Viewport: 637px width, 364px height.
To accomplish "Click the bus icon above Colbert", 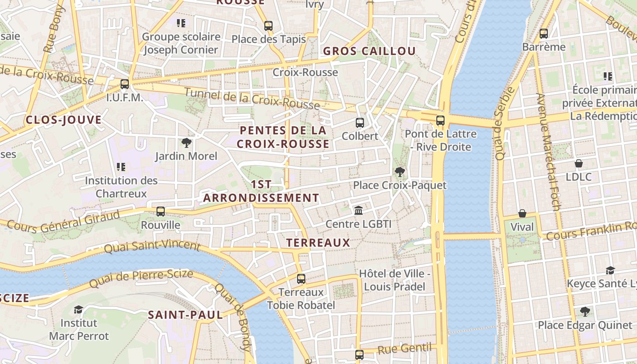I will (x=359, y=122).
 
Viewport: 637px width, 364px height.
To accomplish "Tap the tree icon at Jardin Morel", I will (x=186, y=143).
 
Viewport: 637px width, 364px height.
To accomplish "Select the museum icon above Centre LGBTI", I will (x=359, y=211).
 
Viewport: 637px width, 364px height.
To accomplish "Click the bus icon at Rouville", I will (x=161, y=211).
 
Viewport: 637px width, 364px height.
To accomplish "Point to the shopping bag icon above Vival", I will (x=522, y=213).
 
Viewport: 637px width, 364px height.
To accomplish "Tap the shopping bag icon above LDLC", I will (x=579, y=163).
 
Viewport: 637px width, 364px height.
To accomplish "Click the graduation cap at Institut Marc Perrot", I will (x=79, y=309).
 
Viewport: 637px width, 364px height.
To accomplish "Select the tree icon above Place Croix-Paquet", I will (x=399, y=172).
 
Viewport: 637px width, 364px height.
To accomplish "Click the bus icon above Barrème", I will (x=543, y=33).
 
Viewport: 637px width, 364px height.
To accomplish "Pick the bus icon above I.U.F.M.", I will (x=124, y=84).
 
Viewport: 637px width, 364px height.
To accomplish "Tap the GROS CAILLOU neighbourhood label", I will (x=369, y=51).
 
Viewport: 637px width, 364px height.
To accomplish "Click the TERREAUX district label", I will (x=318, y=243).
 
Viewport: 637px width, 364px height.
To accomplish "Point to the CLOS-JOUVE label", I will (x=64, y=120).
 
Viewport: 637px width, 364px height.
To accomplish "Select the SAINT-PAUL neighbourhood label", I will (x=185, y=314).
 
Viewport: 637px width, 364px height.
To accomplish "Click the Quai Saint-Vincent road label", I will (x=152, y=247).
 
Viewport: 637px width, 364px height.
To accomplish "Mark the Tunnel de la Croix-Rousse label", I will (x=252, y=99).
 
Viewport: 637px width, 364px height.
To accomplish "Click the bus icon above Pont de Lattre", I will (x=440, y=121).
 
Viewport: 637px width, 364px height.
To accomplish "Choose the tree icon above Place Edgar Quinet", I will (x=585, y=312).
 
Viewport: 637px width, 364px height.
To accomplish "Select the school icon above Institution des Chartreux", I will (x=121, y=167).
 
